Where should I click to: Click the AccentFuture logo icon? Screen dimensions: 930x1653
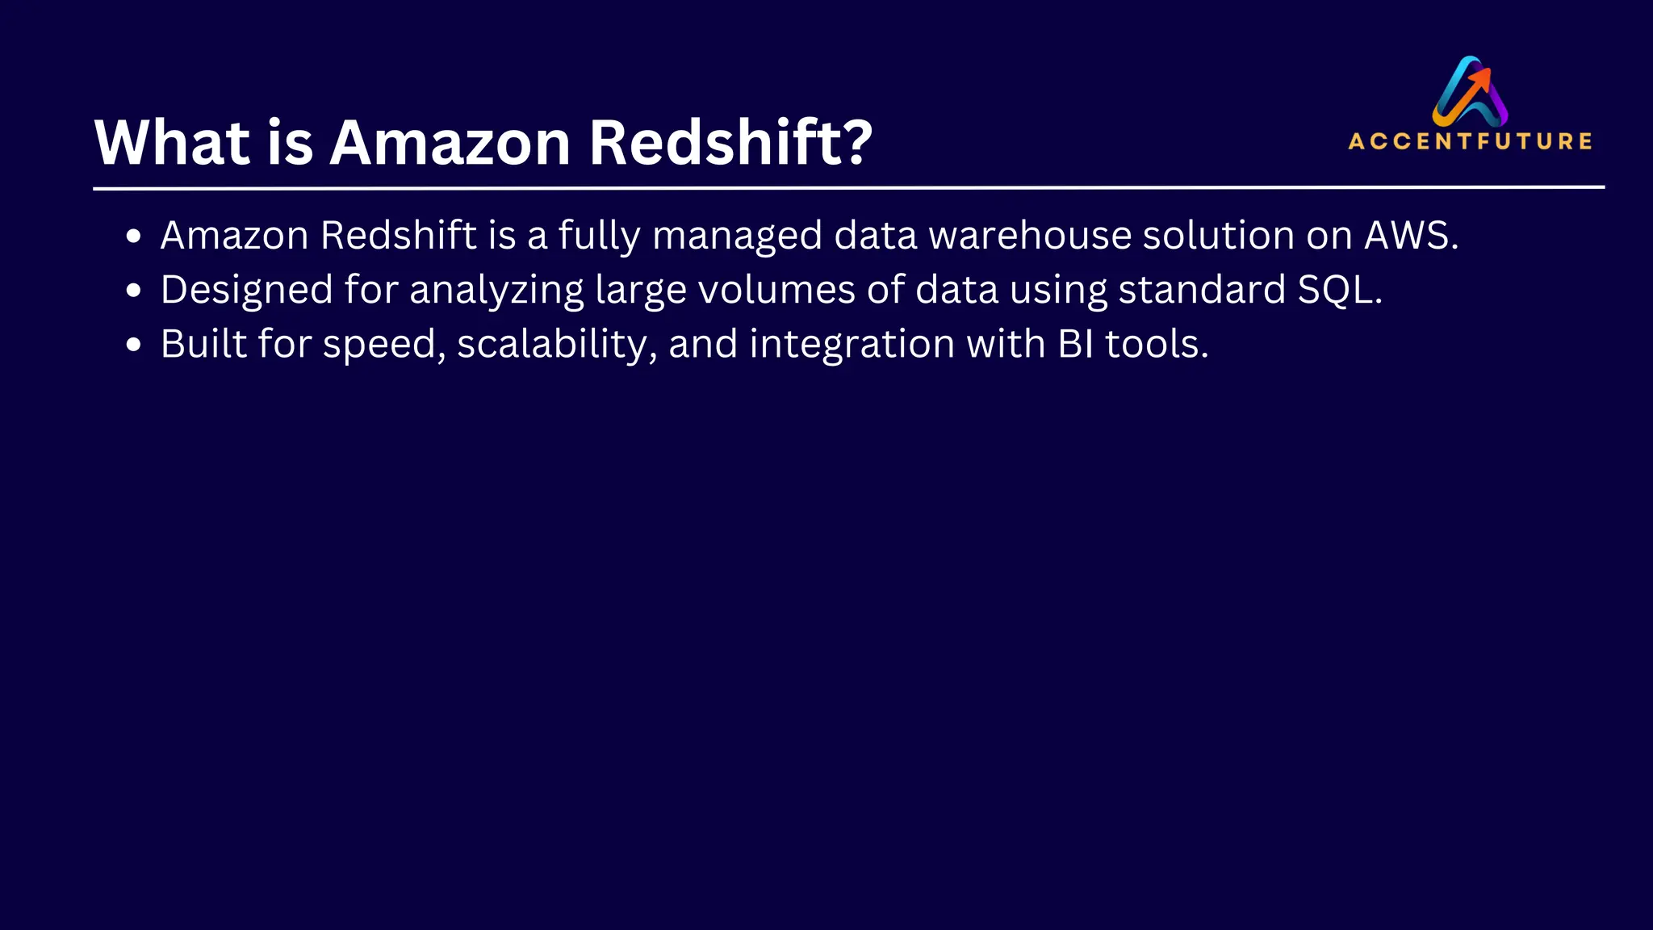coord(1470,90)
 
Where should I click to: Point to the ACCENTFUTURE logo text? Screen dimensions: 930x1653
coord(1470,141)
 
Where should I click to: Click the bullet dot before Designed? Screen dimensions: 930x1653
coord(134,291)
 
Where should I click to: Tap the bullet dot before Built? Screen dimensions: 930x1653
coord(134,345)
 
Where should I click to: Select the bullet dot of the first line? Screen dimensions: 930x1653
coord(134,237)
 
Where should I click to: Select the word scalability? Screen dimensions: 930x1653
coord(552,344)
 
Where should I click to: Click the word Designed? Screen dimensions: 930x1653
coord(246,290)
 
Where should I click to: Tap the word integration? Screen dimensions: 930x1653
coord(852,345)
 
